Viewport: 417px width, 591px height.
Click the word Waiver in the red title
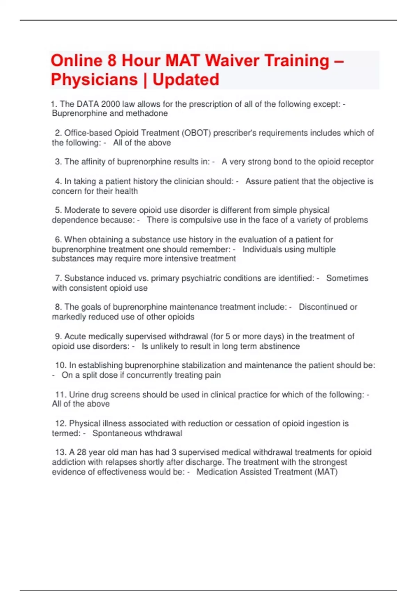[x=232, y=60]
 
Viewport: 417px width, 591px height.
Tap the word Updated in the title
[x=186, y=80]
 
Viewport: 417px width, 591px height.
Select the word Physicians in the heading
[x=94, y=80]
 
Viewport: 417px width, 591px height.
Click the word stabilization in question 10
[x=204, y=365]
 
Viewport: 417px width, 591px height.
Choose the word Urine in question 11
[x=79, y=395]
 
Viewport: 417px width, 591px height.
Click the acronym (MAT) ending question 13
[x=327, y=472]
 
